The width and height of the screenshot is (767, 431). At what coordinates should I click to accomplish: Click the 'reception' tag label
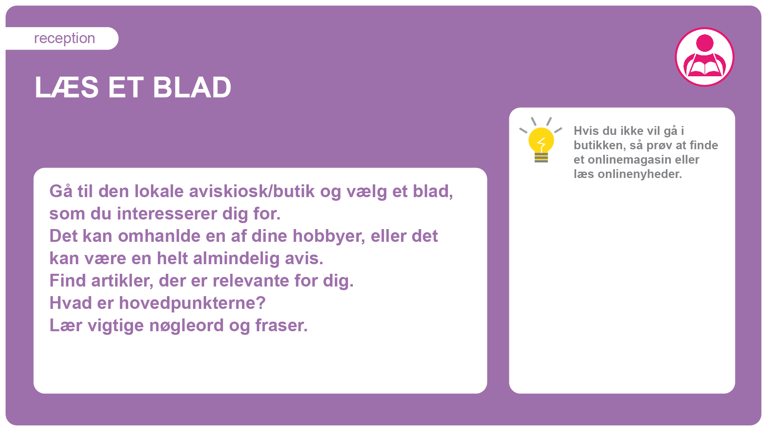[64, 38]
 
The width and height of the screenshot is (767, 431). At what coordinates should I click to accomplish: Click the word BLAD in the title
[192, 87]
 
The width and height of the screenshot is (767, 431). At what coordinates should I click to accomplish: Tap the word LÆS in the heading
[67, 87]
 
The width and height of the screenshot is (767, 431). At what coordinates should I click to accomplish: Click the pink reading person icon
[705, 57]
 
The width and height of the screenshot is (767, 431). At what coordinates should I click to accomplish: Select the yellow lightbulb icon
[541, 140]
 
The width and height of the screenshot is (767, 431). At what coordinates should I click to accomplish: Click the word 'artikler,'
[122, 281]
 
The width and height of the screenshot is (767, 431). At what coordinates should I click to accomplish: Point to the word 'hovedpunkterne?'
[192, 303]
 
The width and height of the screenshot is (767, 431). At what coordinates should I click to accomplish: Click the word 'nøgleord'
[186, 326]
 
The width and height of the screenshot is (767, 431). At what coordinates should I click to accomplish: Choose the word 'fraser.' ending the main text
[282, 326]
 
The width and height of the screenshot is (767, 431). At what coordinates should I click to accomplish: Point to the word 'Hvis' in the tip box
[584, 131]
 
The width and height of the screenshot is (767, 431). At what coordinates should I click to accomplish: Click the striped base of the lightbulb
[541, 158]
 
